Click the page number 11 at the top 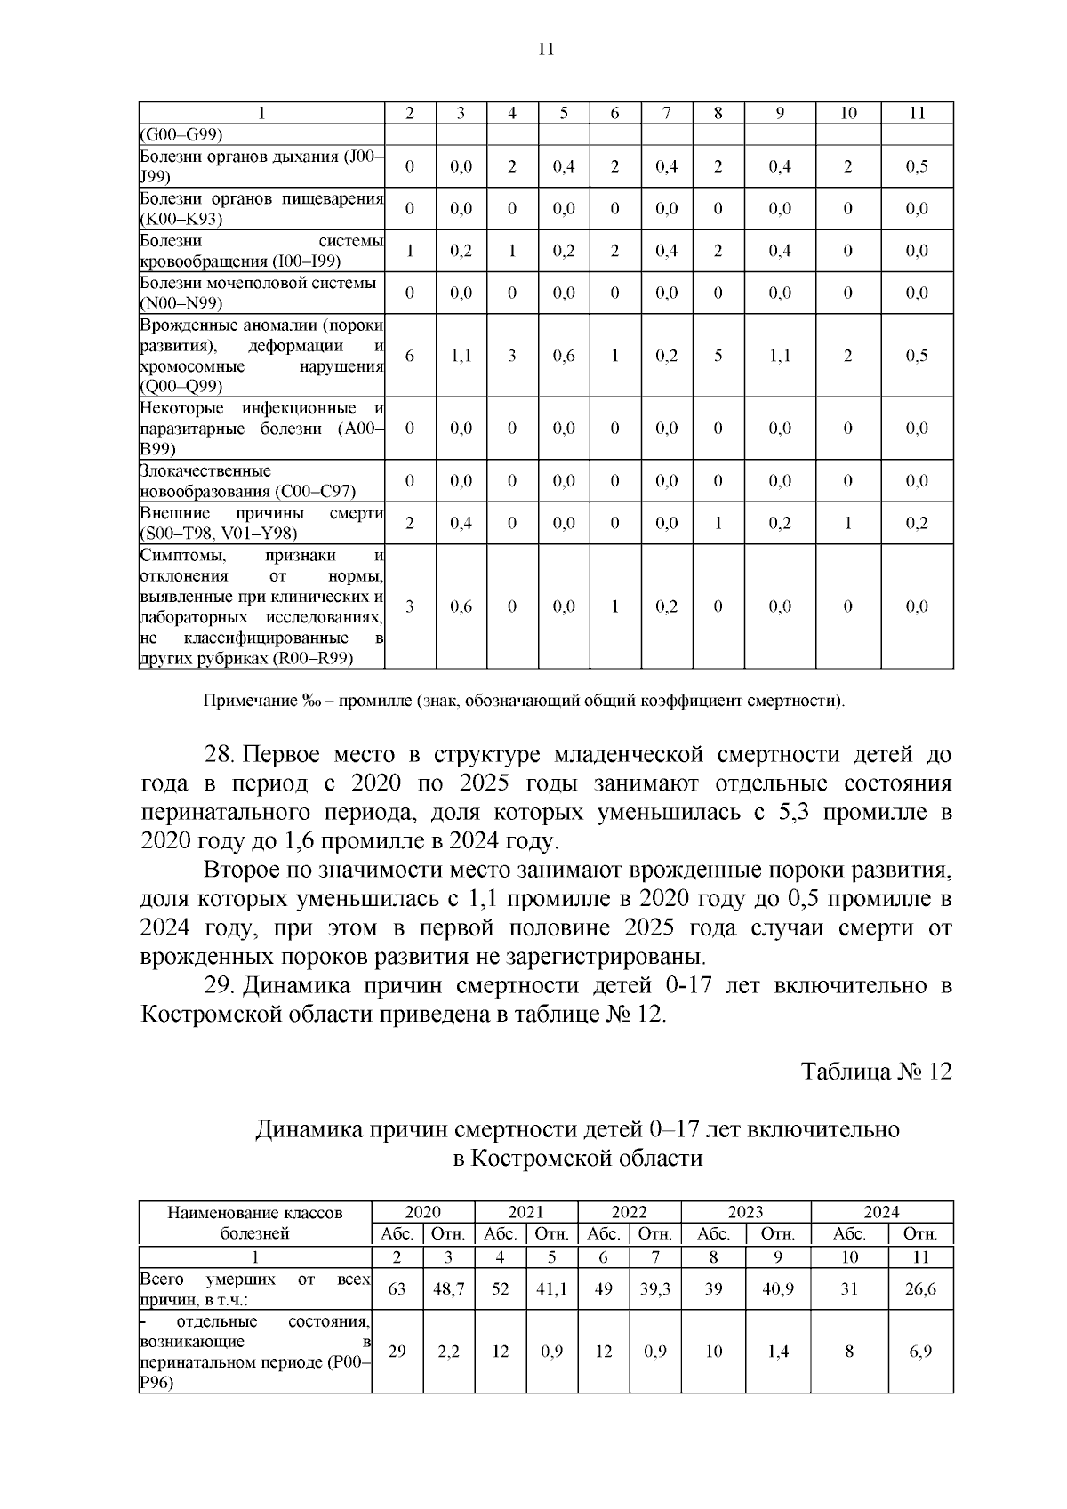[x=546, y=50]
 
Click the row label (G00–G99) [x=181, y=134]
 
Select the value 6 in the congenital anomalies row [x=409, y=356]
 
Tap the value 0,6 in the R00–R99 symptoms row [x=461, y=606]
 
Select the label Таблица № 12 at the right [x=876, y=1071]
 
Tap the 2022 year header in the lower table [x=629, y=1212]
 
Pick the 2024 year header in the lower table [x=881, y=1212]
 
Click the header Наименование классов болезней [x=255, y=1223]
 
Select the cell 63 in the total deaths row [x=397, y=1288]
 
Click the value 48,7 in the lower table [x=448, y=1288]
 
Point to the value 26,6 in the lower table [x=920, y=1288]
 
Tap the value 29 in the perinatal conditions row [x=397, y=1352]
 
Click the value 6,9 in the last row [x=920, y=1352]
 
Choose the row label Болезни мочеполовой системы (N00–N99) [x=258, y=293]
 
